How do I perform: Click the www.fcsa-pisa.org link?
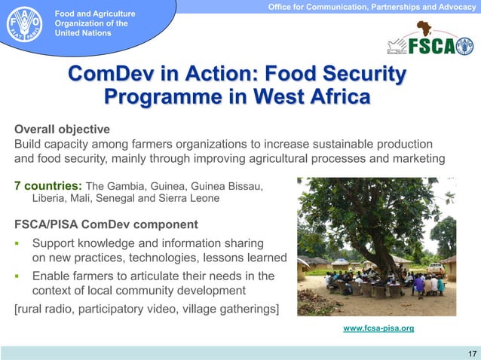tap(378, 329)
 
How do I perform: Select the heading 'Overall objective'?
tap(63, 128)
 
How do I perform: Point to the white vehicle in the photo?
tap(435, 267)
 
